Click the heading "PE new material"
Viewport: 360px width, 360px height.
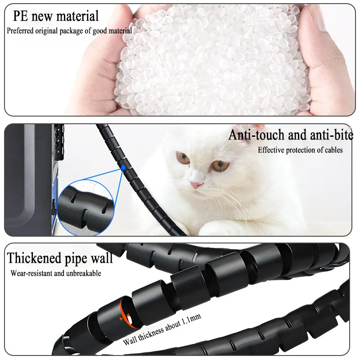coord(55,17)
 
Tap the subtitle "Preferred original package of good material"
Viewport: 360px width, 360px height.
coord(69,31)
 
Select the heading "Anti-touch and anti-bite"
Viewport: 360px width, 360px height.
coord(291,135)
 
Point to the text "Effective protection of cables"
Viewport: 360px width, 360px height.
coord(300,150)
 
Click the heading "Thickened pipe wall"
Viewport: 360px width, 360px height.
coord(60,258)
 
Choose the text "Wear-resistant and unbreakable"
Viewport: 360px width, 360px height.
coord(56,273)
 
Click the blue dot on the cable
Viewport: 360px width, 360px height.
coord(123,168)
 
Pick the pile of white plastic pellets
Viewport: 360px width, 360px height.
coord(211,58)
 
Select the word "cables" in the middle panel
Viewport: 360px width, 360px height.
coord(332,150)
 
